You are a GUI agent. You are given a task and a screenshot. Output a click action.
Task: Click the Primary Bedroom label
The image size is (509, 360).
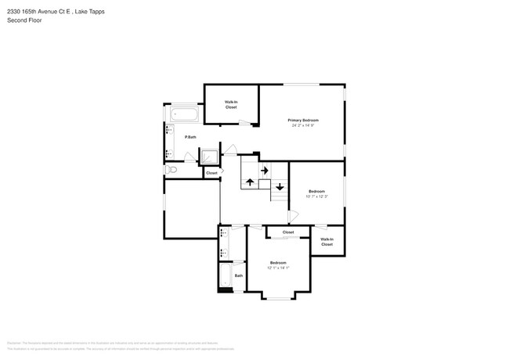pos(303,120)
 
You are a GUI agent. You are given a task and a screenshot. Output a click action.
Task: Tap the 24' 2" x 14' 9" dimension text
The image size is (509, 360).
pos(303,125)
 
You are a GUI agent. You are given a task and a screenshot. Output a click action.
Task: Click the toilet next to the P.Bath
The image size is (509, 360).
pos(171,168)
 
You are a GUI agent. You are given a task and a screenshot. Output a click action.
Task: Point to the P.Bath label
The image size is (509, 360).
pos(190,138)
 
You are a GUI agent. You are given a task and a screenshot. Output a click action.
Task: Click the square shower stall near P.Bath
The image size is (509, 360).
pos(211,157)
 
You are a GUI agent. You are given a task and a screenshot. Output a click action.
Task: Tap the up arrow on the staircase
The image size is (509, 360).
pos(250,182)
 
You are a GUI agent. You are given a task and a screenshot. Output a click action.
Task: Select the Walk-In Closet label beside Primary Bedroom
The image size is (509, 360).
pos(231,104)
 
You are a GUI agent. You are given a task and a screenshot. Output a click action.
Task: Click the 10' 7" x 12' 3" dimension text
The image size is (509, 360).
pos(316,196)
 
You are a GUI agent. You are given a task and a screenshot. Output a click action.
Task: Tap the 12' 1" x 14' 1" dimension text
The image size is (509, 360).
pos(278,268)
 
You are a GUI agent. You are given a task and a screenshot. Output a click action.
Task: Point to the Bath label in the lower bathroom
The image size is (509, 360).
pos(238,275)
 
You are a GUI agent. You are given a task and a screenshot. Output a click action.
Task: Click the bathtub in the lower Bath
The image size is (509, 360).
pos(225,275)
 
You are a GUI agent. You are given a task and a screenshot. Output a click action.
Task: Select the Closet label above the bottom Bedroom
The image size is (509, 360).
pos(288,232)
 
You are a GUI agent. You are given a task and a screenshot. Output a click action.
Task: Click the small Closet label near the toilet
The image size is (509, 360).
pos(211,173)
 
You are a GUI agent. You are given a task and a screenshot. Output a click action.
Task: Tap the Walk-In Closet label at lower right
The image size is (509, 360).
pos(327,242)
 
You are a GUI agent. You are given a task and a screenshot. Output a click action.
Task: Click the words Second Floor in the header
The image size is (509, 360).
pos(25,20)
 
